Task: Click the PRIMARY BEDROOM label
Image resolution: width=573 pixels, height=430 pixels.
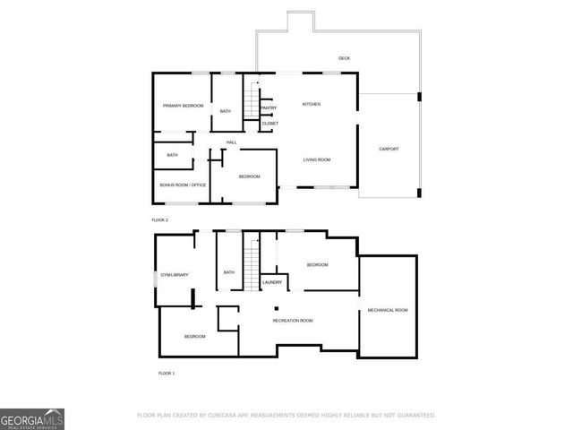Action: (183, 106)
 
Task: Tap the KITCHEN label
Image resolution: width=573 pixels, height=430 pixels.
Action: (311, 105)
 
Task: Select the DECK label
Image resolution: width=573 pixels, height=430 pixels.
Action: (344, 58)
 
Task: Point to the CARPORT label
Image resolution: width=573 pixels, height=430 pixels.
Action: (389, 149)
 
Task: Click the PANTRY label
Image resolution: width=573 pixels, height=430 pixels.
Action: (268, 108)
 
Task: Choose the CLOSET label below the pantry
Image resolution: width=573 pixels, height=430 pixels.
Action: (269, 123)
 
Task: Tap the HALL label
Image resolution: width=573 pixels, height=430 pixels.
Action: (231, 142)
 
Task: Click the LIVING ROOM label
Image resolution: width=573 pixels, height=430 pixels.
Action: (317, 159)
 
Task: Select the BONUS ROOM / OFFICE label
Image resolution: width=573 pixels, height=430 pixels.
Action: (183, 185)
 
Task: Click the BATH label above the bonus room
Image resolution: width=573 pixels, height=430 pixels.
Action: (172, 155)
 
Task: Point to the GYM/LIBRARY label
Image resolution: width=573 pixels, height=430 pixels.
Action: (174, 274)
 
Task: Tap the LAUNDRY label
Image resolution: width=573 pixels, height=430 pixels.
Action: (272, 282)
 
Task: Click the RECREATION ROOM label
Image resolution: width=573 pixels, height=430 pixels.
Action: (293, 320)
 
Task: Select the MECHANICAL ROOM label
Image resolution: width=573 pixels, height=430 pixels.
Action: (388, 310)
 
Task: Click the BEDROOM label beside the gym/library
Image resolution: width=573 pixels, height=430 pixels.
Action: (194, 336)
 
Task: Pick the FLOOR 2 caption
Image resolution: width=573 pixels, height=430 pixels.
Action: (159, 219)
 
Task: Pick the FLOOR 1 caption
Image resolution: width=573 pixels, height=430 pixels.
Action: (166, 373)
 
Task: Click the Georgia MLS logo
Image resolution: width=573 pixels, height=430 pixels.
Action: (32, 418)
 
